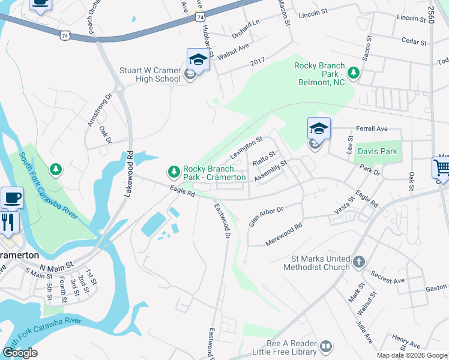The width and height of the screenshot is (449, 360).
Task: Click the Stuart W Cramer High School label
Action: click(150, 74)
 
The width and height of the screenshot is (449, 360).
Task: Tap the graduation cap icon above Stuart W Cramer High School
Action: click(197, 59)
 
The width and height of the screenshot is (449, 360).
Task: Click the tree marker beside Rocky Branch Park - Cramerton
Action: click(174, 173)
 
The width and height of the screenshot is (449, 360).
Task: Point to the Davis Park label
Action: click(377, 152)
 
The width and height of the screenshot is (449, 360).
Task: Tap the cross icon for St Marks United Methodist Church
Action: click(358, 262)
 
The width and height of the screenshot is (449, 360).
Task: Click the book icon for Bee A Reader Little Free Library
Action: click(325, 346)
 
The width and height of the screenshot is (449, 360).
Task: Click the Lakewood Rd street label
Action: click(130, 171)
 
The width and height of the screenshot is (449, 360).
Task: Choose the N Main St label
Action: click(56, 265)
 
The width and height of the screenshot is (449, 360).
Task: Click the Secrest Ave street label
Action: click(387, 276)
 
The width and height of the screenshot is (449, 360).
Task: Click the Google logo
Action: click(20, 353)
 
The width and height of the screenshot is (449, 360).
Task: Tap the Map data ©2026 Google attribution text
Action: click(411, 355)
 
